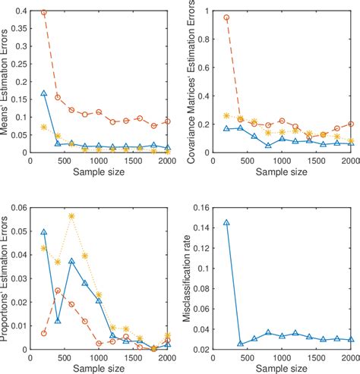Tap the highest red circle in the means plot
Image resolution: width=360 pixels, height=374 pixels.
coord(44,13)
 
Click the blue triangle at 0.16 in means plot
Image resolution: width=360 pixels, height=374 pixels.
coord(44,93)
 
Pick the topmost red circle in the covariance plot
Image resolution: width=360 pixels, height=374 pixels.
coord(226,17)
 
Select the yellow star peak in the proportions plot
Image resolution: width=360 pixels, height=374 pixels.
coord(71,216)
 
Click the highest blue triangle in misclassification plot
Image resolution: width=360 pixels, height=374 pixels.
coord(226,223)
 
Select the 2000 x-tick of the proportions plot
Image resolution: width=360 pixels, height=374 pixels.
coord(168,358)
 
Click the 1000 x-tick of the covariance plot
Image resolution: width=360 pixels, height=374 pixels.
coord(281,161)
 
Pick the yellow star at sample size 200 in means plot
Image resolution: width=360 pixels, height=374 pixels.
coord(44,127)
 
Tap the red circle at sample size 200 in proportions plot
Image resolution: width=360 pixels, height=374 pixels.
coord(44,333)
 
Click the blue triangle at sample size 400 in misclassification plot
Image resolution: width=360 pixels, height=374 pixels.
coord(240,344)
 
